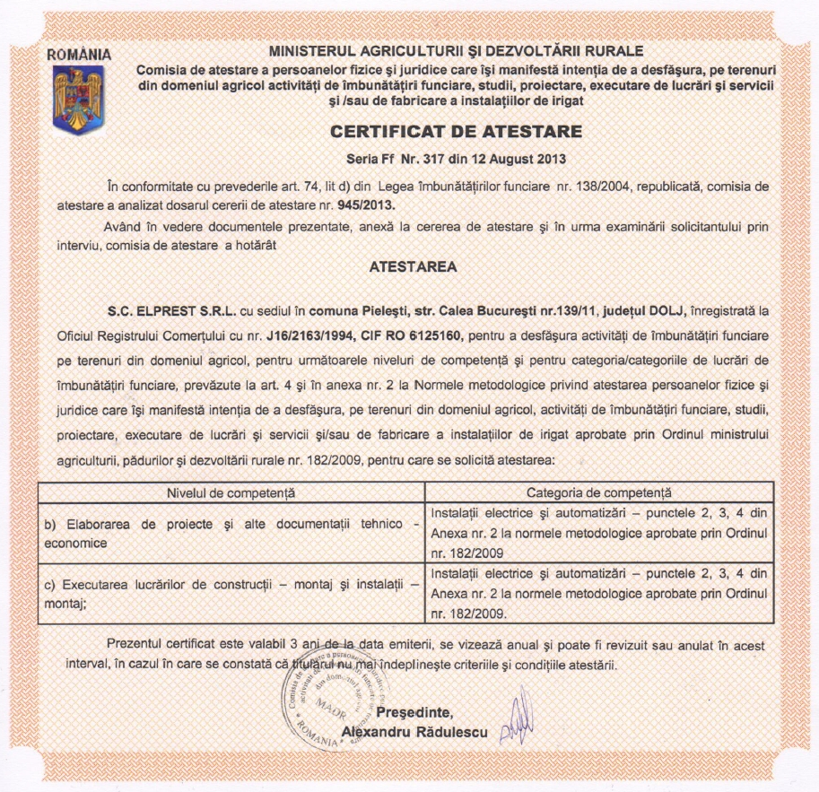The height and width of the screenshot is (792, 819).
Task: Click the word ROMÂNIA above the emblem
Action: point(79,53)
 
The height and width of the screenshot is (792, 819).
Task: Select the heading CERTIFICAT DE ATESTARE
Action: point(457,132)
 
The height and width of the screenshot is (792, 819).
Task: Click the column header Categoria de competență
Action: point(598,492)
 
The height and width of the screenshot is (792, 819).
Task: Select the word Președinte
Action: point(415,713)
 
